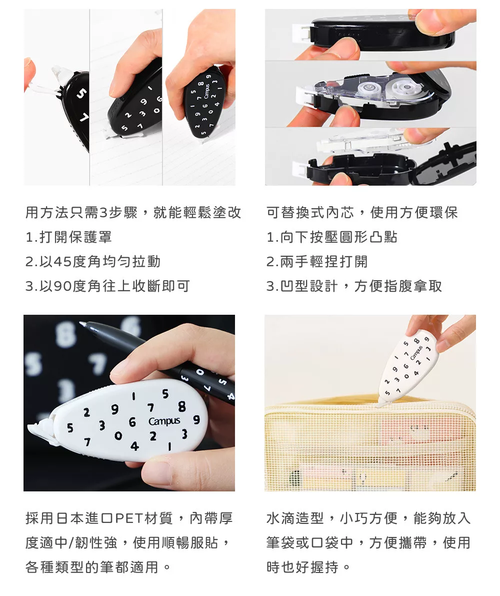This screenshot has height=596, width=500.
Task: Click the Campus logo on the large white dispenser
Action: tap(164, 421)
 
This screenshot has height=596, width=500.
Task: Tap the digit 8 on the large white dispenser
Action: tap(182, 406)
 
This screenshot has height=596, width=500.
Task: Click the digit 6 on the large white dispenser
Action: tap(132, 422)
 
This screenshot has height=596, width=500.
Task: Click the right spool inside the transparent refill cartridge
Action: tap(406, 88)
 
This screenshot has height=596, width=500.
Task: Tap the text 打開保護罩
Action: tap(75, 237)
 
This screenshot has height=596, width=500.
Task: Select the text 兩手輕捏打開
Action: tap(324, 262)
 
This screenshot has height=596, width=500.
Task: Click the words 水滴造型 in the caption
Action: tap(295, 518)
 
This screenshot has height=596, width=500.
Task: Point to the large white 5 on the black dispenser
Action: tap(81, 94)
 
